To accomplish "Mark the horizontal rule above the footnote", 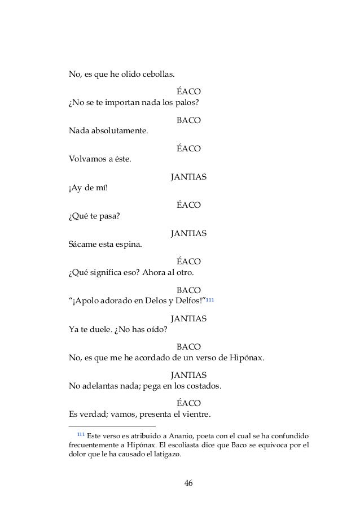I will (112, 426).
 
